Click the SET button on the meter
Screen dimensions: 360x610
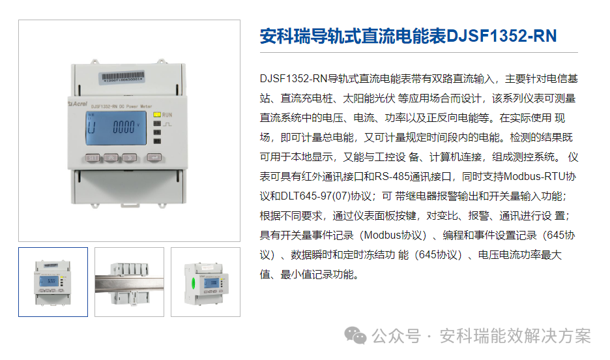point(93,158)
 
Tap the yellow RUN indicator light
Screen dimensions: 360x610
point(157,113)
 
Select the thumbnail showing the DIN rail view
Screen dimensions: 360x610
point(129,282)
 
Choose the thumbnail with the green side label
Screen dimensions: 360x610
point(205,282)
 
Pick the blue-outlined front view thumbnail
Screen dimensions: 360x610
point(53,282)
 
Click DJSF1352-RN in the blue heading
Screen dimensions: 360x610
point(502,36)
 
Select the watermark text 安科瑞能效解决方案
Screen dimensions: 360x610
point(516,336)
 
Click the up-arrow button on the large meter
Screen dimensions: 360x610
point(111,158)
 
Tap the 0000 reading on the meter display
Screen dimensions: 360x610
point(123,127)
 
